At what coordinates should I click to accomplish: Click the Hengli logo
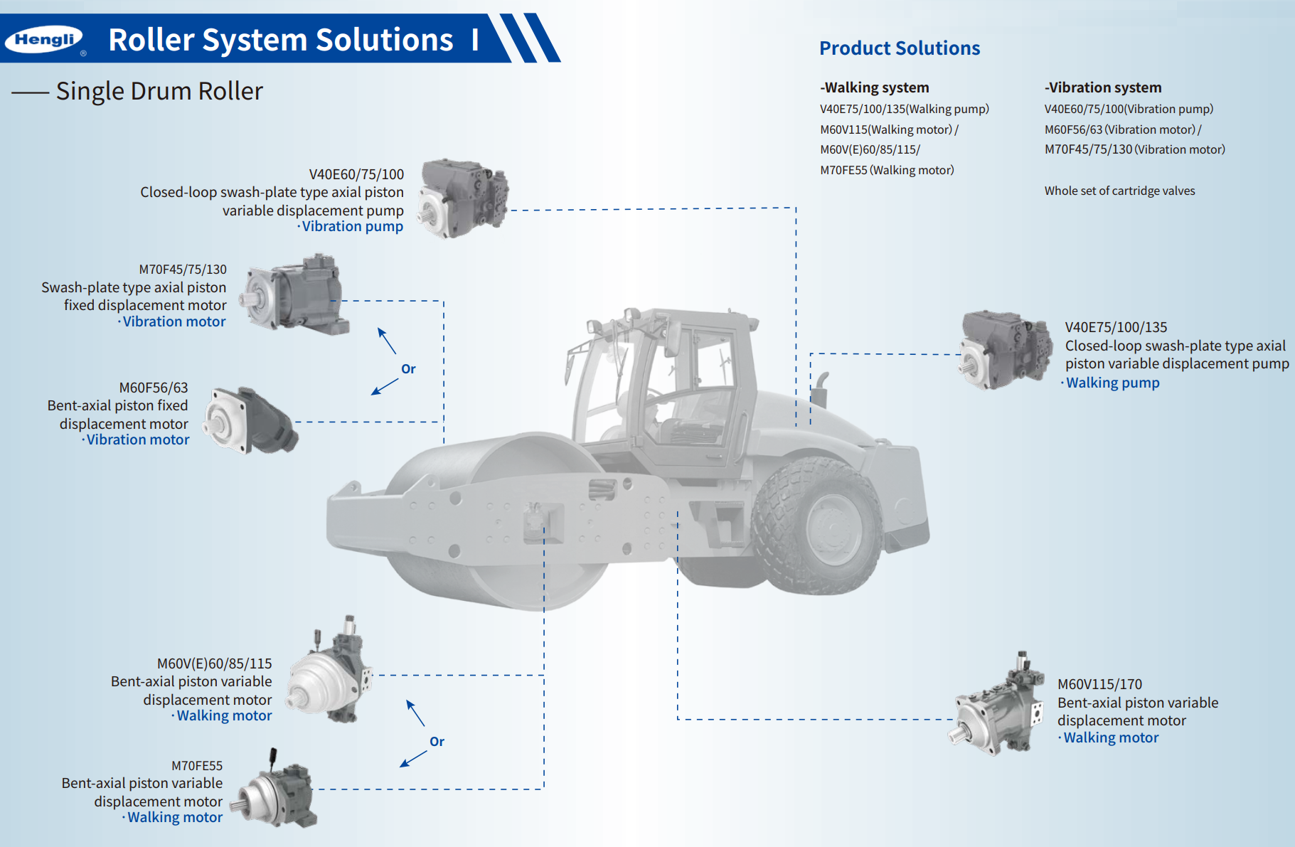[44, 40]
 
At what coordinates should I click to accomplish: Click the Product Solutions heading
[899, 48]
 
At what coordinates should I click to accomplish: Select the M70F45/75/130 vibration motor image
[294, 294]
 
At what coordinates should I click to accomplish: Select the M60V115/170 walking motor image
[997, 707]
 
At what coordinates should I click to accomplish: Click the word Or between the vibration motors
[408, 369]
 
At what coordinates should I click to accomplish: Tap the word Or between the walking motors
[437, 742]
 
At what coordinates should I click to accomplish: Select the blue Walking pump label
[1112, 383]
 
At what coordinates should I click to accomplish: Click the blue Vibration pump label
[352, 226]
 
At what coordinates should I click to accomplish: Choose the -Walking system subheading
[874, 87]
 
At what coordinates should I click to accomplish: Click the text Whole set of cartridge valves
[1119, 191]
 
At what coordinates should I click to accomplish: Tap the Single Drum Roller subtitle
[159, 91]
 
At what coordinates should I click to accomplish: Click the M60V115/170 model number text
[1099, 684]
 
